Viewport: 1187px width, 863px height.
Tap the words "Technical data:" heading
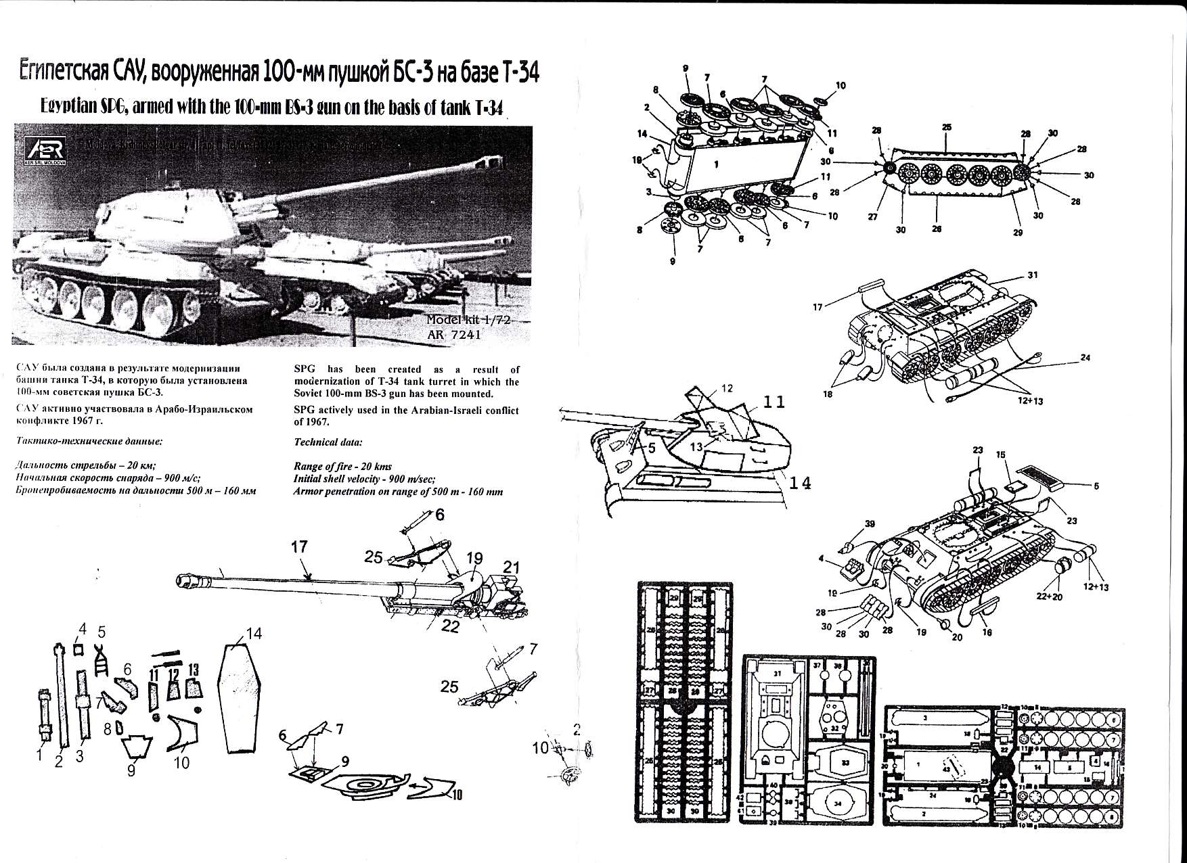328,442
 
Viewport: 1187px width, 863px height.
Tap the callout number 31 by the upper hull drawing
1032,275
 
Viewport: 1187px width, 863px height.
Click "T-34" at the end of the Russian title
520,74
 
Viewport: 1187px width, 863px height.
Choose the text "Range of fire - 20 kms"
342,467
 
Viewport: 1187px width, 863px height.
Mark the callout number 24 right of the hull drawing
1085,357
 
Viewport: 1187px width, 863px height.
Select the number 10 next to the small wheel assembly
541,748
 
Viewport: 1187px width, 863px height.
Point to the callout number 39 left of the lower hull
870,524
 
